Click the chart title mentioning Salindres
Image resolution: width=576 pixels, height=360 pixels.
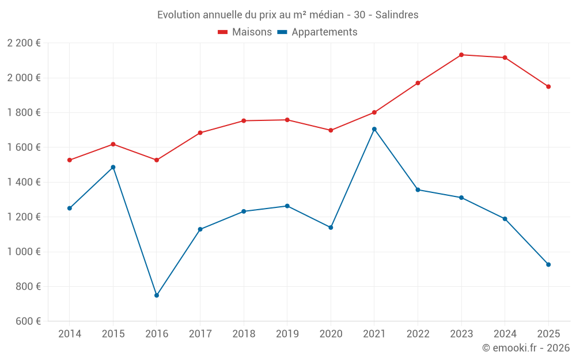click(287, 14)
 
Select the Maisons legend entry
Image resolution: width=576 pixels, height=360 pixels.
click(245, 32)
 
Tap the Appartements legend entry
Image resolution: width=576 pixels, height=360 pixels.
click(317, 32)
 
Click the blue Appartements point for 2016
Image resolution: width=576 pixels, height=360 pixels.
click(157, 295)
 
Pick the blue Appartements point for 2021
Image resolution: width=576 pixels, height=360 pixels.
click(374, 129)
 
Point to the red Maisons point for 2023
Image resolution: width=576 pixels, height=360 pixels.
click(461, 55)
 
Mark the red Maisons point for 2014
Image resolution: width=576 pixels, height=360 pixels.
click(70, 160)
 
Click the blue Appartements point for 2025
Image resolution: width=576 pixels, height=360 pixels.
click(548, 264)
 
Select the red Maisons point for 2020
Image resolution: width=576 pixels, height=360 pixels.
click(331, 130)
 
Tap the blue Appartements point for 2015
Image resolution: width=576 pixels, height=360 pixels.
click(113, 167)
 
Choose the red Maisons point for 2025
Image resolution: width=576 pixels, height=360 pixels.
click(548, 86)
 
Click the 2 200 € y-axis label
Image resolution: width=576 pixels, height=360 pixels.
click(24, 43)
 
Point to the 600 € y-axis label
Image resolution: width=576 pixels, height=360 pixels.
click(28, 321)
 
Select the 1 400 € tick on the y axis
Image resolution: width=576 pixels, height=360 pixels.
click(24, 182)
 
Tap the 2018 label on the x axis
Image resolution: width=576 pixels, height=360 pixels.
click(244, 334)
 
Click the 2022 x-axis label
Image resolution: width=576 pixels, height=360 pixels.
click(418, 334)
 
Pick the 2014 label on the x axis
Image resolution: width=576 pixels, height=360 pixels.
click(70, 334)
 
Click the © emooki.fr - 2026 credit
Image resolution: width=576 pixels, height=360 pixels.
click(525, 348)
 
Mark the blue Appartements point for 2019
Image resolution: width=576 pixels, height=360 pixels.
click(287, 206)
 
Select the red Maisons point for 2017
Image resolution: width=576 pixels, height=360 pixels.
click(200, 133)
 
